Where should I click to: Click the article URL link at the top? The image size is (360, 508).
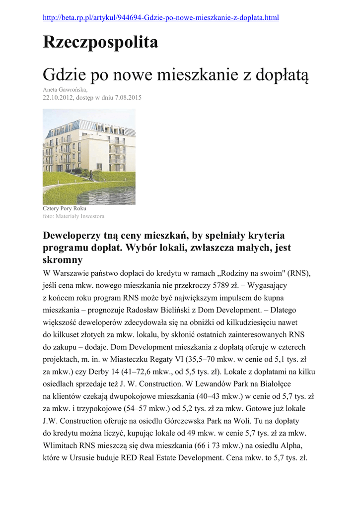161,18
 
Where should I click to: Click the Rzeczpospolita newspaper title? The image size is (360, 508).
100,43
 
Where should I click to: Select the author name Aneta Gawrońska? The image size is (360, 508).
65,90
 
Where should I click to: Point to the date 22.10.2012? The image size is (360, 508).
57,98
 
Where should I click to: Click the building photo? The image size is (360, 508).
89,156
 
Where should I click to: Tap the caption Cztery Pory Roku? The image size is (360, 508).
65,209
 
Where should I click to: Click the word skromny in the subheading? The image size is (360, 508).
63,260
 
